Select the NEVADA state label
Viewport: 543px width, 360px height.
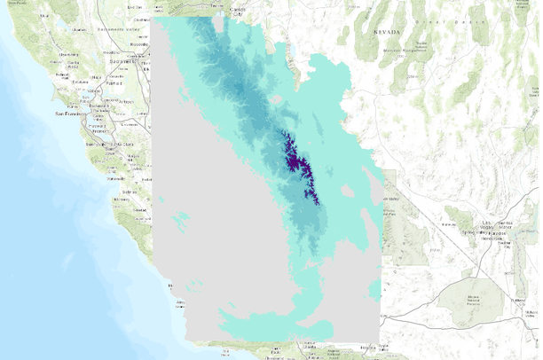[390, 32]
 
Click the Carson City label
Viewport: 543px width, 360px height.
[237, 11]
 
